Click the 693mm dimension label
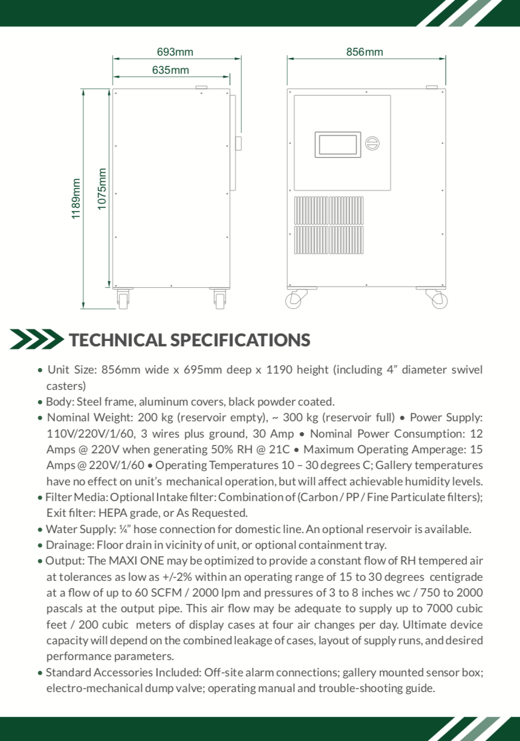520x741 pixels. click(175, 52)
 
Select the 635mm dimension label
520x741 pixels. click(171, 70)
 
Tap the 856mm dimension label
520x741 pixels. click(365, 52)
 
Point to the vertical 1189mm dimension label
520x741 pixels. click(76, 199)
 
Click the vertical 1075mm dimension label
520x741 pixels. click(102, 189)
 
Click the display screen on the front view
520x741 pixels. click(337, 144)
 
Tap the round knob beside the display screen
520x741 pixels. click(372, 144)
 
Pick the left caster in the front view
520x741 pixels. click(296, 299)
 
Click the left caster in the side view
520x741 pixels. click(123, 299)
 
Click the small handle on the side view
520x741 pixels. click(238, 143)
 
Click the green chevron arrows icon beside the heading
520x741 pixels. click(36, 339)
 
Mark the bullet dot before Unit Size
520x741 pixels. click(40, 370)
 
